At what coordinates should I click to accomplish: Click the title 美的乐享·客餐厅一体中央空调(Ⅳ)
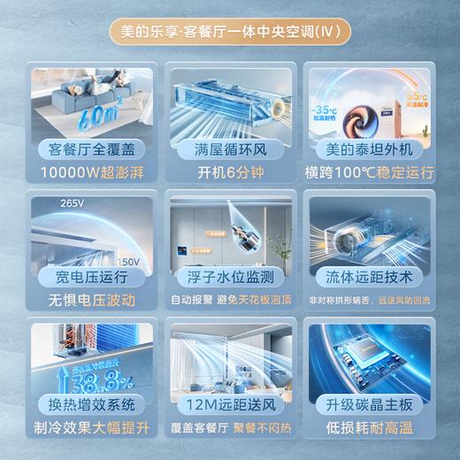[230, 33]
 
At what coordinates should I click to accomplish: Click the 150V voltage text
[129, 261]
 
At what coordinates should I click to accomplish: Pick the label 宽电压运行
[89, 278]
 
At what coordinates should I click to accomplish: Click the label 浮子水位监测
[229, 278]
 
